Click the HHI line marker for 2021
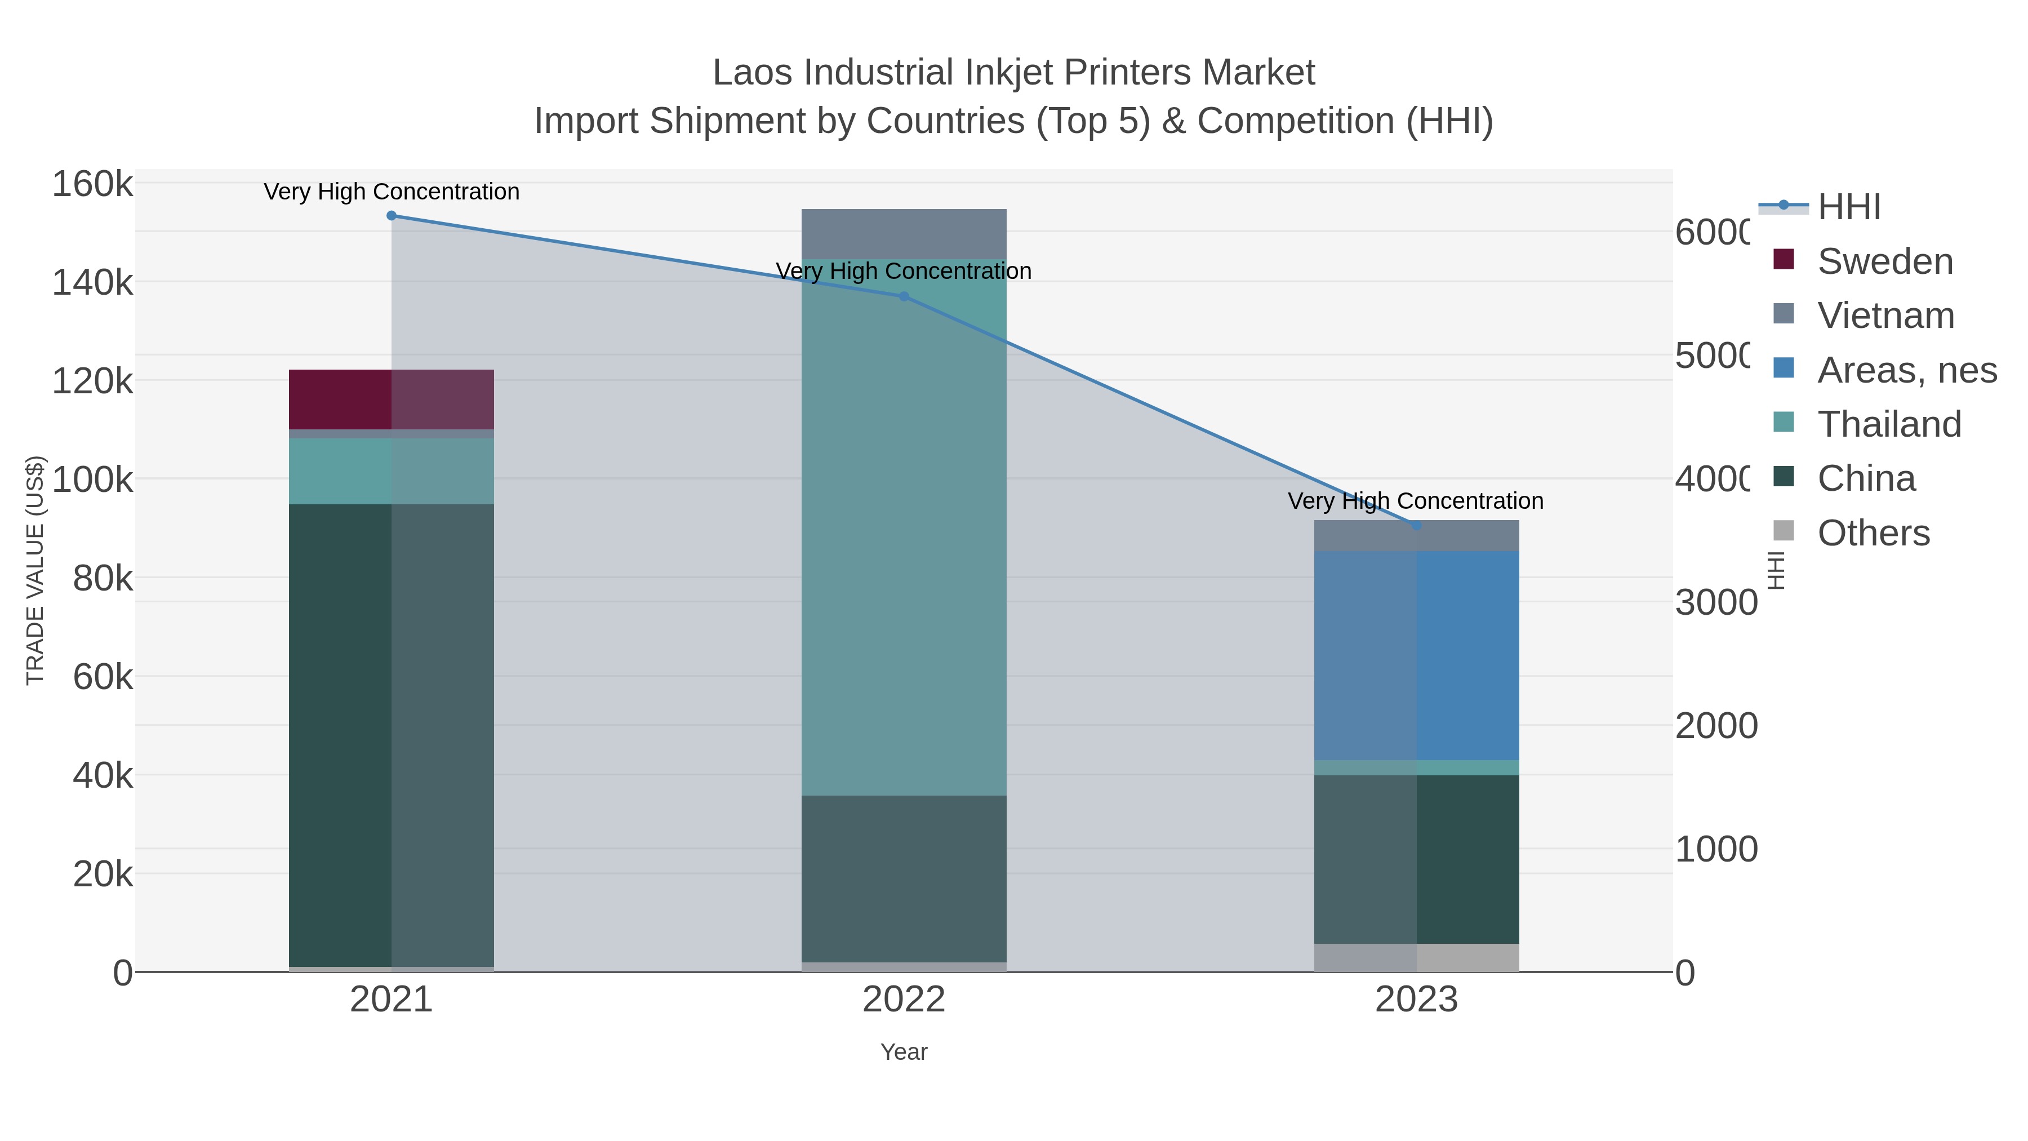(392, 215)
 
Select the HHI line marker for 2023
(1416, 525)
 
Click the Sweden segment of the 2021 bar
(392, 399)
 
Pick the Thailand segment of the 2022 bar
(904, 527)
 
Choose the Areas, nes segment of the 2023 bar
(1416, 655)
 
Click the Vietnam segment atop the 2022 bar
(904, 234)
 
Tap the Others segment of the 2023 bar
(1416, 957)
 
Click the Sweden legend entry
(1885, 261)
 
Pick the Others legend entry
(1873, 532)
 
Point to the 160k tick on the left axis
(92, 184)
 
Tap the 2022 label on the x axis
(904, 999)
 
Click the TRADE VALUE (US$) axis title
(35, 570)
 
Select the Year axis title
(904, 1052)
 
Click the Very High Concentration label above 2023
(1416, 501)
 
